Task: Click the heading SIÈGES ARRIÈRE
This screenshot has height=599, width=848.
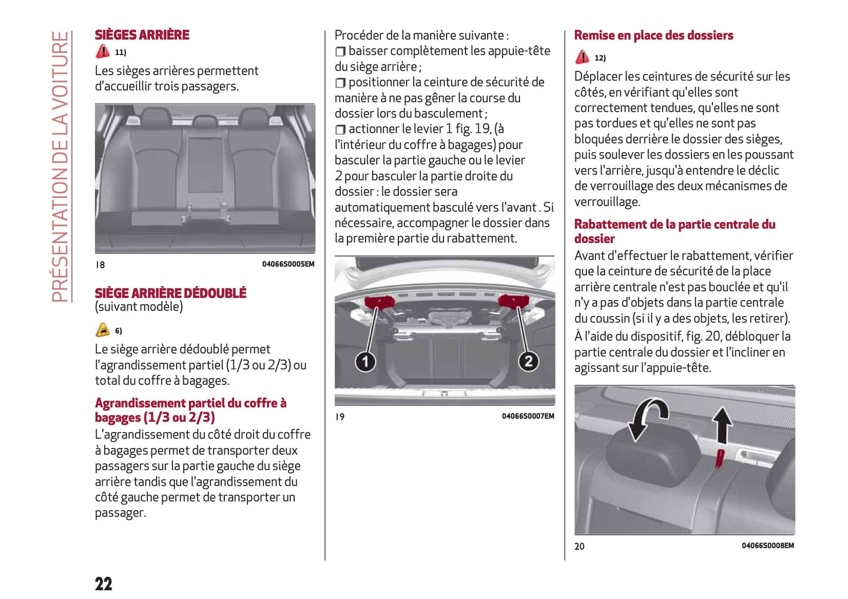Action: (x=142, y=35)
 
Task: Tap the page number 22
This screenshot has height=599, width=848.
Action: (x=104, y=584)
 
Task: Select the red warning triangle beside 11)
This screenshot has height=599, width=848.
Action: (x=103, y=52)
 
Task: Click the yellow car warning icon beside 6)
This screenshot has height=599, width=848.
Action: (x=103, y=330)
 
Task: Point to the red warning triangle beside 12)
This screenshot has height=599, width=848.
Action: (x=582, y=57)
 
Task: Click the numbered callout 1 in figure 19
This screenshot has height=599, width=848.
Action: (x=365, y=361)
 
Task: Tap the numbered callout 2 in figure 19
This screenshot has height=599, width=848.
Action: (x=528, y=361)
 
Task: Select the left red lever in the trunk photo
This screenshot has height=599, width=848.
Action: (x=380, y=302)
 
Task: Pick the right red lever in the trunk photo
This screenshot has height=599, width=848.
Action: (x=514, y=301)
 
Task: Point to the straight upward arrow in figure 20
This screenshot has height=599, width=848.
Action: (x=722, y=426)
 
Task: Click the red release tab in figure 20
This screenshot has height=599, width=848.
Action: (x=718, y=458)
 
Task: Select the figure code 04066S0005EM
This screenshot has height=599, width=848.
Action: (x=288, y=264)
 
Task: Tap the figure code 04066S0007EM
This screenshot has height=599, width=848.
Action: (x=528, y=416)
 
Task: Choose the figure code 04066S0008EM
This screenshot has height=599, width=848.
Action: (x=768, y=546)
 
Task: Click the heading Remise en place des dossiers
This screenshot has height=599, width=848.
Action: (x=653, y=36)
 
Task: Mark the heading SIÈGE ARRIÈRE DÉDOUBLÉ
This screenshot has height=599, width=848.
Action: (x=170, y=293)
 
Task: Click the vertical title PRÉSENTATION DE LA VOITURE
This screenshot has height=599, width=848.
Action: (x=60, y=167)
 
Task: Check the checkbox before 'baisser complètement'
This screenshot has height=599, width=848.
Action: (x=340, y=52)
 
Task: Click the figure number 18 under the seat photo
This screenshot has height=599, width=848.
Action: (x=100, y=265)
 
